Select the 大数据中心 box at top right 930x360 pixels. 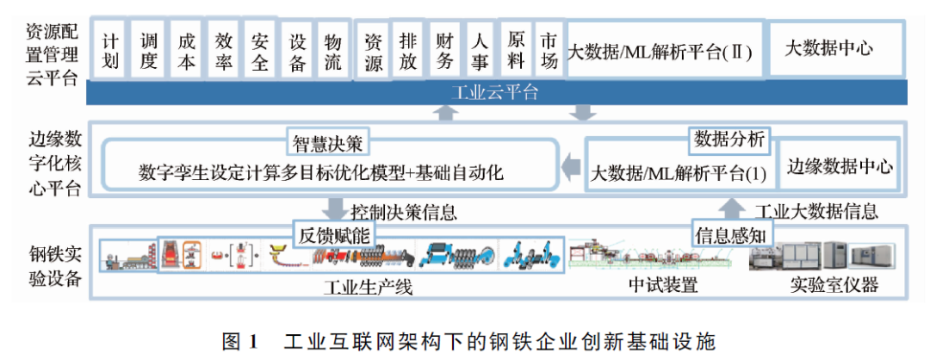pos(828,48)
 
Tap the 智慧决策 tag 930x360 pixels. pos(327,143)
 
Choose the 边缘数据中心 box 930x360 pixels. pos(840,166)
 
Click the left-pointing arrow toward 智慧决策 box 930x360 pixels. pos(572,164)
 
